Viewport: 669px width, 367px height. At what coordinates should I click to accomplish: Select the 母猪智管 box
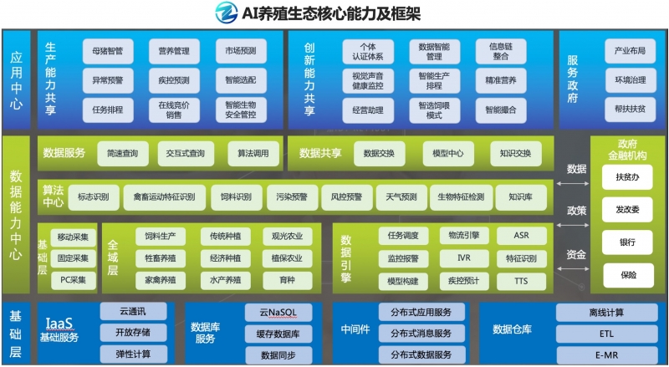coord(107,52)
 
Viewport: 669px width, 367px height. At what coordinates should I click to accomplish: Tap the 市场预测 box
coord(240,52)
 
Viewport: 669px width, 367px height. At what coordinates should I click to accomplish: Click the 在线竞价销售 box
coord(174,110)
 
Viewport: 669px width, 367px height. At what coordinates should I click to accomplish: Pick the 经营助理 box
coord(367,110)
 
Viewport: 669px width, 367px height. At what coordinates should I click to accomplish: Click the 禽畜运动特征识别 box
coord(164,197)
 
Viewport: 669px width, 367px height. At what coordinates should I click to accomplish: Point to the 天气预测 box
coord(396,197)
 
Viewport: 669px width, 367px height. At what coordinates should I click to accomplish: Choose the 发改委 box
coord(627,210)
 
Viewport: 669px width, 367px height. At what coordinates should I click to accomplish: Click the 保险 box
coord(627,273)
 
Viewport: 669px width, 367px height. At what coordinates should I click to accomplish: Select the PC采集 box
coord(74,280)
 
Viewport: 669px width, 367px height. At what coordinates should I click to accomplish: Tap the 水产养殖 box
coord(226,280)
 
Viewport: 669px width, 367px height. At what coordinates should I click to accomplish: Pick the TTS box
coord(521,280)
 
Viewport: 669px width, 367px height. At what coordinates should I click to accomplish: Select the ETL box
coord(606,333)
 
